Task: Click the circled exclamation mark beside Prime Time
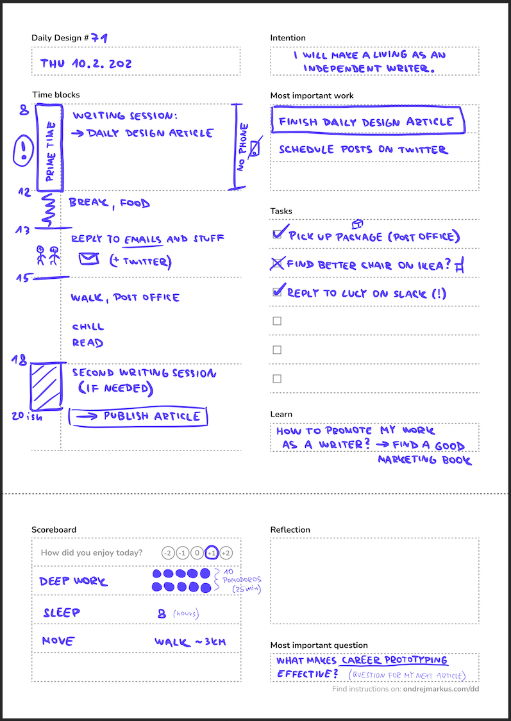pyautogui.click(x=24, y=151)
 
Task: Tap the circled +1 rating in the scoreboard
pyautogui.click(x=212, y=552)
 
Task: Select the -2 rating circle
pyautogui.click(x=168, y=552)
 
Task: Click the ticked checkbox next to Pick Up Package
pyautogui.click(x=278, y=234)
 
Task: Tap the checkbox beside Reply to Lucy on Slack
pyautogui.click(x=278, y=292)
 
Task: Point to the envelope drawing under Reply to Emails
pyautogui.click(x=89, y=259)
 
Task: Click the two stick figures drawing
pyautogui.click(x=46, y=255)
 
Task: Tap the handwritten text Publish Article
pyautogui.click(x=151, y=417)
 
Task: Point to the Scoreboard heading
pyautogui.click(x=54, y=530)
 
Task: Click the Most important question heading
pyautogui.click(x=319, y=645)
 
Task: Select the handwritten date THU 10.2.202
pyautogui.click(x=86, y=63)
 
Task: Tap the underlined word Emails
pyautogui.click(x=143, y=239)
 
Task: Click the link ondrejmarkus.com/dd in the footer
pyautogui.click(x=441, y=690)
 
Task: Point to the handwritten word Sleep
pyautogui.click(x=62, y=613)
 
